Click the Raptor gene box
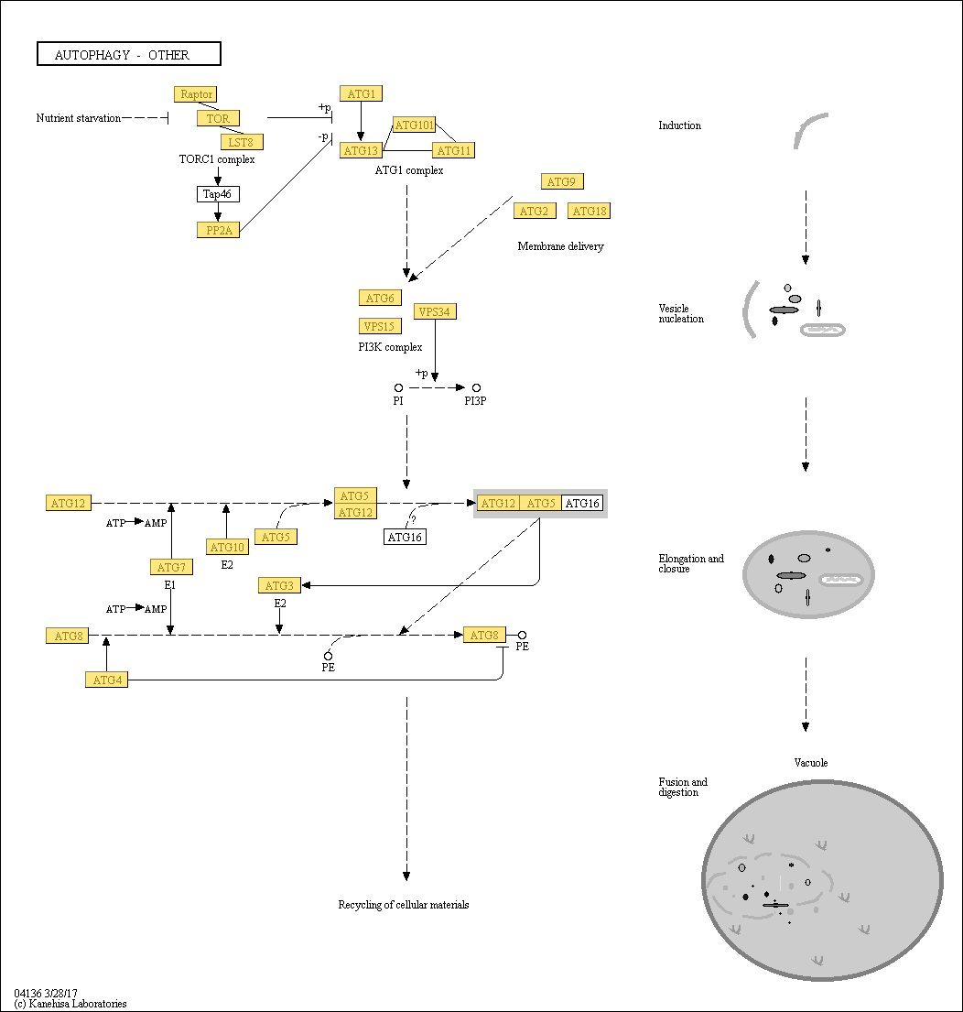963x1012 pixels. pos(196,94)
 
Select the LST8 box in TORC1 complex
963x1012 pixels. pos(242,142)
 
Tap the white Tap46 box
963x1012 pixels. pos(218,193)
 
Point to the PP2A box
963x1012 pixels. pos(218,230)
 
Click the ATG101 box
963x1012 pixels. pos(414,125)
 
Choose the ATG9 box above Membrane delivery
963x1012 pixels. pos(562,182)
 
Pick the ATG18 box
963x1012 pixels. pos(589,211)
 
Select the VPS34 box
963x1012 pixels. pos(435,311)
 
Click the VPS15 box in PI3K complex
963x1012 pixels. pos(380,327)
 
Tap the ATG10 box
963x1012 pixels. pos(227,548)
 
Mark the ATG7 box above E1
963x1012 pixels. pos(171,567)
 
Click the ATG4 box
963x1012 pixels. pos(106,680)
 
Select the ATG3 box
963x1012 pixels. pos(279,585)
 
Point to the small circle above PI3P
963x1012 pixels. pos(476,388)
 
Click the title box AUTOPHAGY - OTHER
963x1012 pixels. pos(129,53)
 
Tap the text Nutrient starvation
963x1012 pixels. pos(78,118)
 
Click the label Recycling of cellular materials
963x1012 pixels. pos(404,905)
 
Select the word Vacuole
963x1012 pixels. pos(811,763)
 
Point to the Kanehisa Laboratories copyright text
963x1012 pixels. pos(70,1004)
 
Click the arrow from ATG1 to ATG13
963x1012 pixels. pos(361,122)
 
